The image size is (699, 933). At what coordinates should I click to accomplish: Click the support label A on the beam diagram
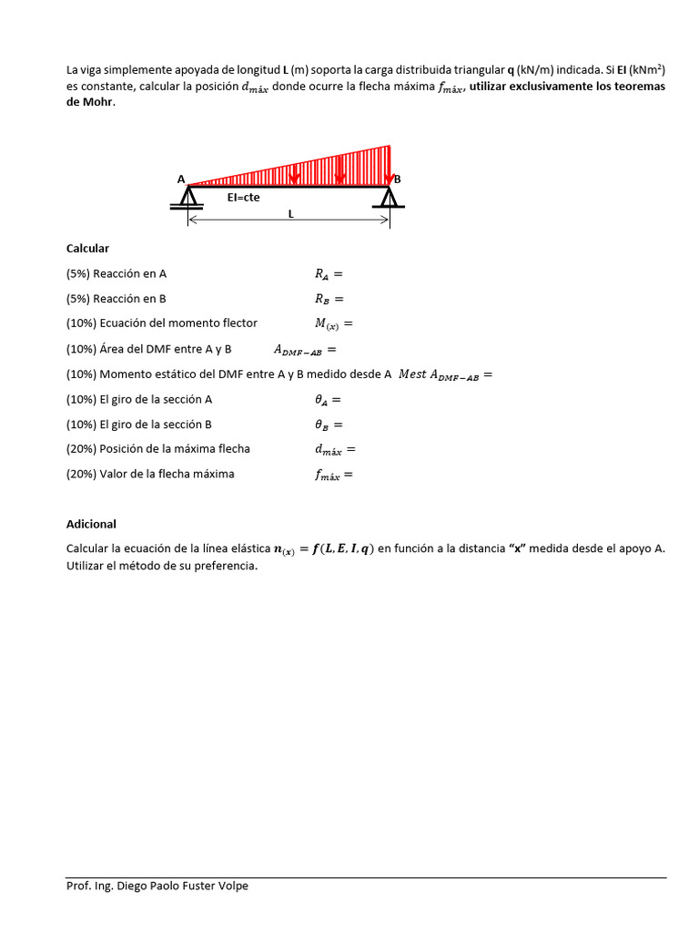pos(181,179)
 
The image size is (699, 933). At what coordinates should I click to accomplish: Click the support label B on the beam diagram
pos(397,179)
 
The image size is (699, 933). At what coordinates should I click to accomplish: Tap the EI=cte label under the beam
pos(243,197)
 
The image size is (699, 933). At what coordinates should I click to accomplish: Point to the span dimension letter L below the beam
pos(290,214)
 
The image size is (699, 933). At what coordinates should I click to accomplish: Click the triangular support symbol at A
pos(187,197)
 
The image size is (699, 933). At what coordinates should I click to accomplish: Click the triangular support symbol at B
pos(390,197)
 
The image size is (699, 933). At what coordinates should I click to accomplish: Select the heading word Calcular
pos(87,248)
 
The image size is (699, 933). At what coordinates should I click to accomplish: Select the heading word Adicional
pos(91,524)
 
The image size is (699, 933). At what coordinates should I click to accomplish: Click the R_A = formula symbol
pos(329,273)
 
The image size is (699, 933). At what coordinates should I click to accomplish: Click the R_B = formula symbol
pos(329,298)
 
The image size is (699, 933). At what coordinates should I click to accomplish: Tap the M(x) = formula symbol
pos(332,323)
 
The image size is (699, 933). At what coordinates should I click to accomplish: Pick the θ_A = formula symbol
pos(329,399)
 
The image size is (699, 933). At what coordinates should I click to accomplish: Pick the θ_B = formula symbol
pos(329,425)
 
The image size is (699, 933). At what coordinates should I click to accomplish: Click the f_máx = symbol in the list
pos(333,475)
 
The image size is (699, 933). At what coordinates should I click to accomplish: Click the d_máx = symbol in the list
pos(335,449)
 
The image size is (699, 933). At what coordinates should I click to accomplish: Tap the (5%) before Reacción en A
pos(78,273)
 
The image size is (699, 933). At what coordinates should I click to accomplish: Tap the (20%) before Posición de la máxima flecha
pos(81,449)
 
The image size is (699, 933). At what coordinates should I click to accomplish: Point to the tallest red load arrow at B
pos(390,164)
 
